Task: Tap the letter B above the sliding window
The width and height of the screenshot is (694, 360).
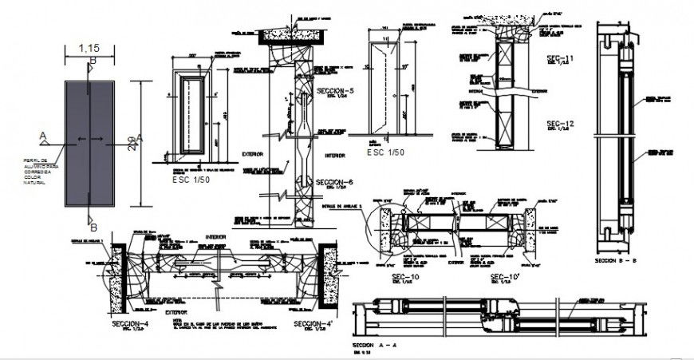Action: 93,61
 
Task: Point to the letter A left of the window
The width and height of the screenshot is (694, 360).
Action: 42,136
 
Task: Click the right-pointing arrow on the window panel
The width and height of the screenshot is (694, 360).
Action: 104,141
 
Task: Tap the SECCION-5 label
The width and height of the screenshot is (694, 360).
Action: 335,90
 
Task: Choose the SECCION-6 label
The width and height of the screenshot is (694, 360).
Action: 335,182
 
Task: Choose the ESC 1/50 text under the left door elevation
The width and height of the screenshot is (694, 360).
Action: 192,180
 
